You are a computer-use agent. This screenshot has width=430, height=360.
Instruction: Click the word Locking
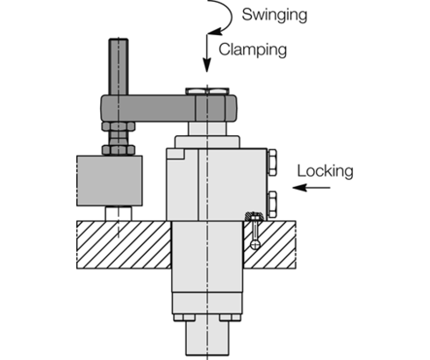[x=325, y=170]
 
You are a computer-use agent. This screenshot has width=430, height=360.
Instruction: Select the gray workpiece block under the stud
[x=109, y=179]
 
